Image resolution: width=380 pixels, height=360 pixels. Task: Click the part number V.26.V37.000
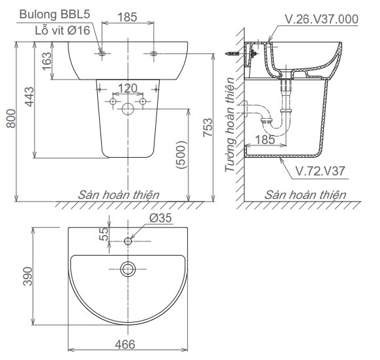point(321,20)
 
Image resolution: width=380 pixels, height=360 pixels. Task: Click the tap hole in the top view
point(128,242)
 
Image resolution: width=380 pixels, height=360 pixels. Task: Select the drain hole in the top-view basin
point(128,267)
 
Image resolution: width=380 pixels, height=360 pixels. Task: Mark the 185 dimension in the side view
point(265,139)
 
